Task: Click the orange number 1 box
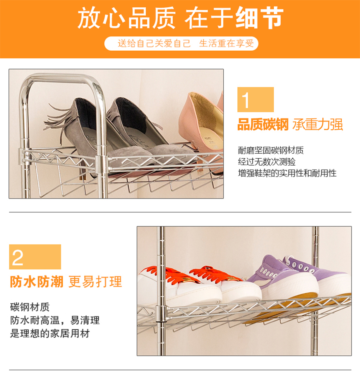255,99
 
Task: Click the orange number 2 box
35,257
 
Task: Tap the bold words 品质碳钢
263,125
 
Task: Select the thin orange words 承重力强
318,125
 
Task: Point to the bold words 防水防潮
36,281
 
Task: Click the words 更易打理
96,281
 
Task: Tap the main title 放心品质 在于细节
180,18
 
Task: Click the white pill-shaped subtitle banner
181,43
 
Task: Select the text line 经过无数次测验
267,162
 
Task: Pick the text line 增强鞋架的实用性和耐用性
287,173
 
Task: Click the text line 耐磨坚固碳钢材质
271,151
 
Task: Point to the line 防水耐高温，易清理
55,320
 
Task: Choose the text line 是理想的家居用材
50,334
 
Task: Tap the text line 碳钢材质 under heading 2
30,307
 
